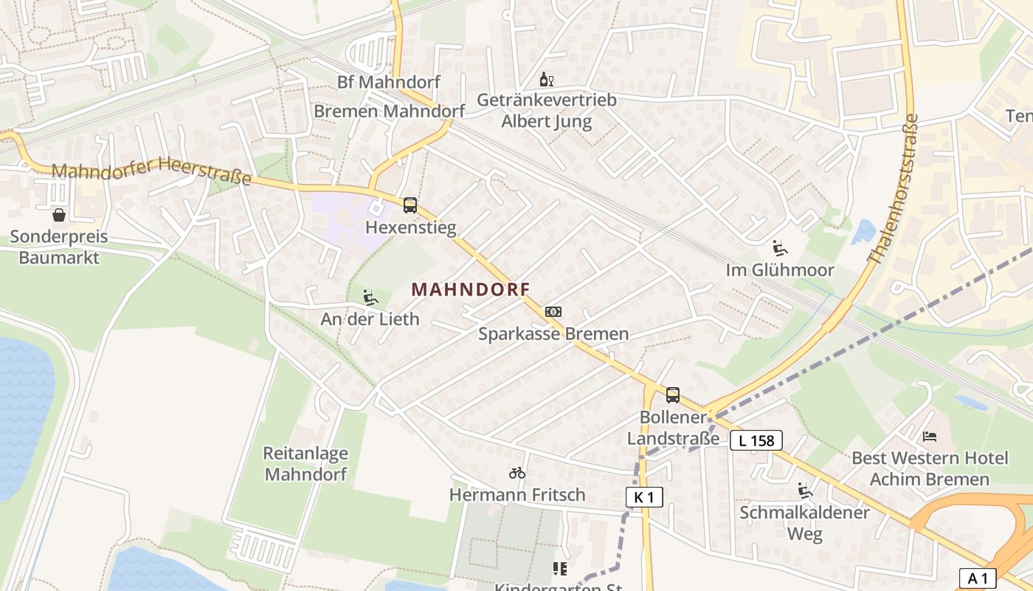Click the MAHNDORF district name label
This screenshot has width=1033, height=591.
(471, 290)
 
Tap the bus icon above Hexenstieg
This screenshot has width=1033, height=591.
(410, 205)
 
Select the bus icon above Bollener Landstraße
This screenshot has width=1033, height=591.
(672, 395)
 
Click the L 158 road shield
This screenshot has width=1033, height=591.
(756, 441)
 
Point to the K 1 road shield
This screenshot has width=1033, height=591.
(644, 497)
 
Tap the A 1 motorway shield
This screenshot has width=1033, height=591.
(978, 577)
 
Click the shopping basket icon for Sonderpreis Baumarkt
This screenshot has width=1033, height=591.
(59, 215)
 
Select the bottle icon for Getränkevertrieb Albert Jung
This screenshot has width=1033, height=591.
(546, 79)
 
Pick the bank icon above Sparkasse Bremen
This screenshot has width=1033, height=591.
(553, 312)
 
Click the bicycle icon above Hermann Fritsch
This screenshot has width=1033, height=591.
(517, 473)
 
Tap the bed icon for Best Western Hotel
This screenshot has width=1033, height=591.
(930, 437)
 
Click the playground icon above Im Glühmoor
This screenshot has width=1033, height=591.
(780, 248)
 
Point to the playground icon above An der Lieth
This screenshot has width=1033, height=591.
(370, 298)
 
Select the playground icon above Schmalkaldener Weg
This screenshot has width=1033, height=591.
(805, 491)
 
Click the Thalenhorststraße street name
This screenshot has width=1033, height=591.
(894, 188)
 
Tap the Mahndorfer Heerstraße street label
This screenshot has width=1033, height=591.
(151, 171)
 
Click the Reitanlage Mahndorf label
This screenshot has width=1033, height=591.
(305, 463)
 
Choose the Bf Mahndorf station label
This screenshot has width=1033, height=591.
(389, 82)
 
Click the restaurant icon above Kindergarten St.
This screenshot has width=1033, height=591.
(560, 568)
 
